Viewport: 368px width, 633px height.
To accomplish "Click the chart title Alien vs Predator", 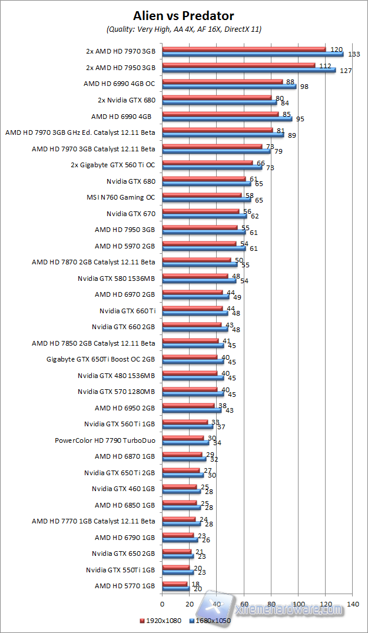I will click(x=184, y=15).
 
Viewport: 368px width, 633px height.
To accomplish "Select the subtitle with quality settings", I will click(x=184, y=29).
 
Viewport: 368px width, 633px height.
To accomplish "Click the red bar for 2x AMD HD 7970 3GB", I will click(x=244, y=49).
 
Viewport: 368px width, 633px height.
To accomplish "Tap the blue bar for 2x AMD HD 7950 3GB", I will click(x=248, y=69).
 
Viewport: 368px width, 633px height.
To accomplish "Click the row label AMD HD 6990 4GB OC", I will click(x=120, y=84).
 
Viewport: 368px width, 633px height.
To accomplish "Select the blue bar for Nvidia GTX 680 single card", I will click(x=206, y=183).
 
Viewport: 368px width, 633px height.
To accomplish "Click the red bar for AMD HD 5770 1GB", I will click(x=174, y=583).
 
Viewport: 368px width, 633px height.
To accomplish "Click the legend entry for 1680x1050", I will click(x=210, y=620).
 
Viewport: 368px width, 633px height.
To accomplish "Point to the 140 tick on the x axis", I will click(x=353, y=604).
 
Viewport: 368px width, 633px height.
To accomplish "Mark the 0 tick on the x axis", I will click(x=162, y=604).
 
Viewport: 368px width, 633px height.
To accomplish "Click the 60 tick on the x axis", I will click(x=244, y=604).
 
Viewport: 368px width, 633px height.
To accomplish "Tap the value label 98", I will click(x=304, y=87).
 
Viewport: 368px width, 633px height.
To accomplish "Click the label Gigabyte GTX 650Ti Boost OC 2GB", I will click(x=101, y=359).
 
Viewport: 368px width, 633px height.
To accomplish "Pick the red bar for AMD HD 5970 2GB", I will click(x=198, y=243).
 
